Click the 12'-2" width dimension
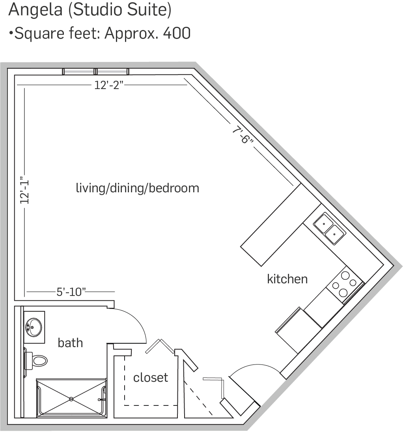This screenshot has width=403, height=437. coord(109,85)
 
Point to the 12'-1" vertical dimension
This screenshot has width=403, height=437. coord(24,191)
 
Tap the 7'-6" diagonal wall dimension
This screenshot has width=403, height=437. coord(243,135)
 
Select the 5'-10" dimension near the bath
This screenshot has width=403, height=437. coord(71,292)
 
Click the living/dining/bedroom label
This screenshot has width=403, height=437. coord(138,188)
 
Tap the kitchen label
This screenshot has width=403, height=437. coord(287,279)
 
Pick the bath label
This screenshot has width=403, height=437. coord(70,343)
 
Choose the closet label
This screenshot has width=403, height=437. coord(151,377)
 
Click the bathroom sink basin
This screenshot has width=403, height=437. coord(34,327)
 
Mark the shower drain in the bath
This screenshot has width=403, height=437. coord(71,399)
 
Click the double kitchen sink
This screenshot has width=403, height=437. coord(329,229)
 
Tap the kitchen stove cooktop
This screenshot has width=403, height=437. coord(345,284)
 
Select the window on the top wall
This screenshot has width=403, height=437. coord(95,72)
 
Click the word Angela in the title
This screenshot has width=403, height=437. coord(35,10)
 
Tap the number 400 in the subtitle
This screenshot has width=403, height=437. coord(177,33)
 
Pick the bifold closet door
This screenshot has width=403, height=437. coord(160,346)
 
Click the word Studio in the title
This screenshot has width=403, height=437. coord(98,9)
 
